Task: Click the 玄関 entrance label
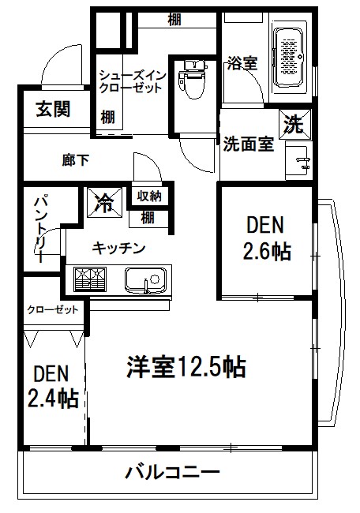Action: coord(52,109)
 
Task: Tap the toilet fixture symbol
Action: coord(189,81)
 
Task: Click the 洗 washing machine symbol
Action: coord(294,124)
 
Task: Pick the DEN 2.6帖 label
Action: coord(264,238)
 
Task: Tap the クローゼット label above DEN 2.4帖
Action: coord(52,309)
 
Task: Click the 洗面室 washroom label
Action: coord(248,144)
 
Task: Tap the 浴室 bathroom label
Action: coord(242,63)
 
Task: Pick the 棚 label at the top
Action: coord(175,20)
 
